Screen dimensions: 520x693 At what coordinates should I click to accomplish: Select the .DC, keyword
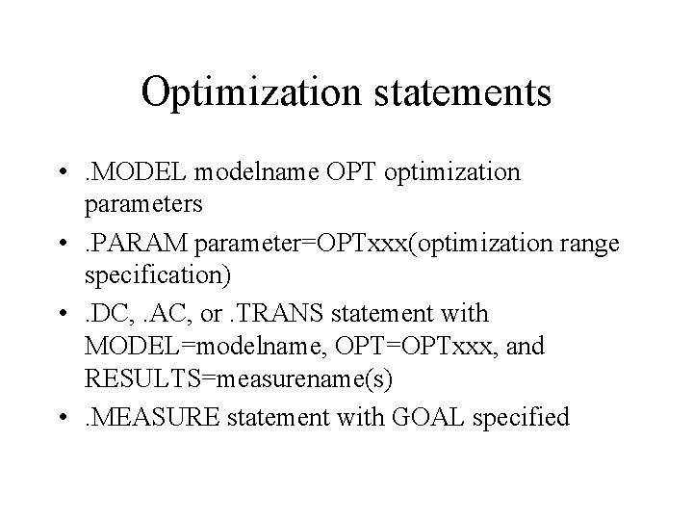click(x=111, y=314)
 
